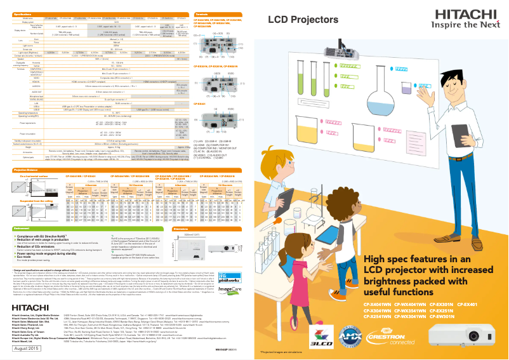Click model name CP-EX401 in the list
tap(484, 303)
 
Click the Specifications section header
tap(26, 13)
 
